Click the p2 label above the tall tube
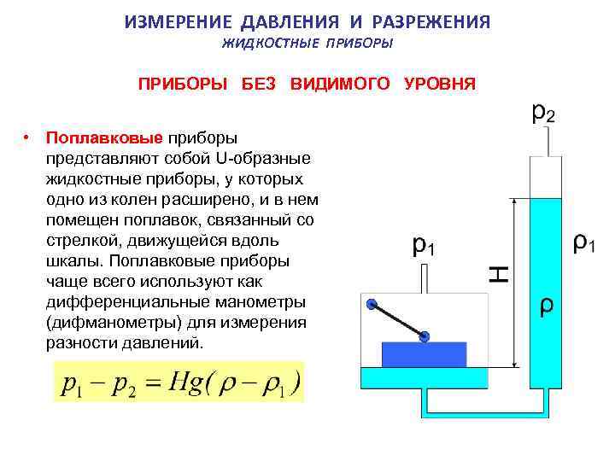coord(542,114)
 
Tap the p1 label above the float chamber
coord(424,247)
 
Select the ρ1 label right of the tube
coord(583,245)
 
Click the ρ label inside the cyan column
coord(546,305)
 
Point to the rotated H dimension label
coord(500,274)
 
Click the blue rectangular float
coord(424,353)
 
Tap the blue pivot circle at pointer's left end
coord(372,304)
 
